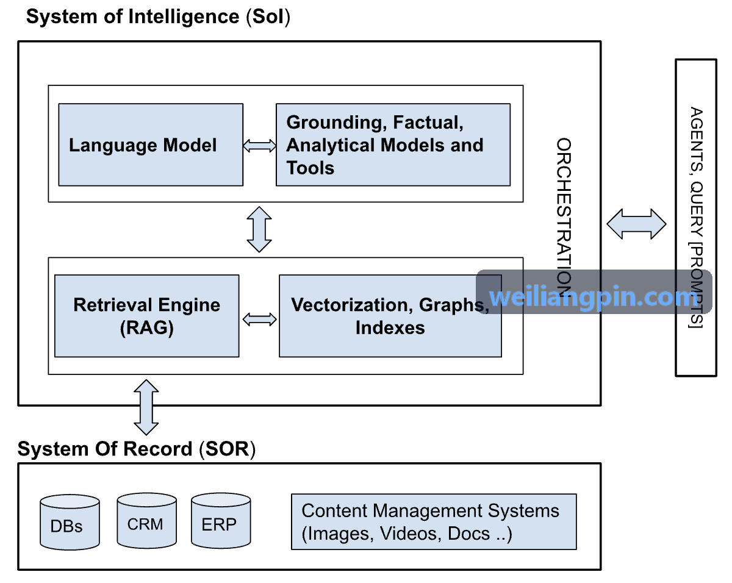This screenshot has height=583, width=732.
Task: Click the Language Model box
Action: coord(151,145)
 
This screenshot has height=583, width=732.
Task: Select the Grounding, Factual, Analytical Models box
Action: coord(393,145)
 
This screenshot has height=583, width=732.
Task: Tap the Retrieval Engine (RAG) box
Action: coord(146,316)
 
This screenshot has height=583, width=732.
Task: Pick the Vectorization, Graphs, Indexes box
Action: coord(390,316)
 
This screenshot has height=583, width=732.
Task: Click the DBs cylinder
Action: coord(70,522)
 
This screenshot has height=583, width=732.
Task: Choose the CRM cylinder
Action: coord(146,520)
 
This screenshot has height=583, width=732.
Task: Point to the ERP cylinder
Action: coord(221,520)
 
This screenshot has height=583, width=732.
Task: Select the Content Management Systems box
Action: coord(434,521)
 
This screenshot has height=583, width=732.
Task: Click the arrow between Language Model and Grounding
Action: coord(259,146)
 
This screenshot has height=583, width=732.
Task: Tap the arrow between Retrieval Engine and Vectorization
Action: coord(259,320)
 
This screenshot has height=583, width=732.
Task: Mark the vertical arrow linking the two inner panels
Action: coord(259,229)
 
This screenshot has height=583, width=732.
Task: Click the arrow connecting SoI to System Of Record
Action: coord(146,407)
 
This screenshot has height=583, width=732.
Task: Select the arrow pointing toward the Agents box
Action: coord(636,224)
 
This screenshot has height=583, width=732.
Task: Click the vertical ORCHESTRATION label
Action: coord(564,218)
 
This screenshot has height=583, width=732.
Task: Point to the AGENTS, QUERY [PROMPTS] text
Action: coord(696,218)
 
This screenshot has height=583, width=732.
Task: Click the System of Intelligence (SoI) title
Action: coord(158,16)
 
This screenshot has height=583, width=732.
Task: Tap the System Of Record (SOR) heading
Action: coord(137,449)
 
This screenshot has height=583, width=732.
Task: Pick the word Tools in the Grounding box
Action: coord(310,168)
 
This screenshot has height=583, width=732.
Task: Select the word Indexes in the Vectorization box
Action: coord(390,328)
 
